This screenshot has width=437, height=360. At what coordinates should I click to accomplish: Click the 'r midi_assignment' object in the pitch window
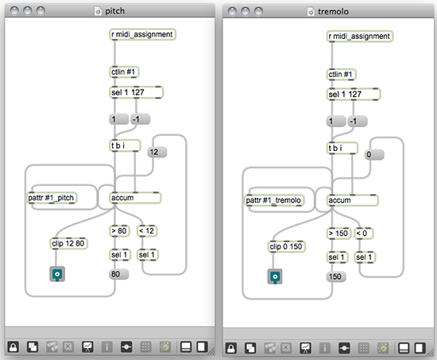142,34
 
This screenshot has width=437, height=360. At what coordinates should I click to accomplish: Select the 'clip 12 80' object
68,243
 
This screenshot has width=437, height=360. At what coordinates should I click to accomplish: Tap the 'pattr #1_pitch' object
52,198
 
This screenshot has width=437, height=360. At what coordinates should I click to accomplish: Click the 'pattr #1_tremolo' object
274,200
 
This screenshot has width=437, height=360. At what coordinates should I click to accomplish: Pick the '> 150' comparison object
338,234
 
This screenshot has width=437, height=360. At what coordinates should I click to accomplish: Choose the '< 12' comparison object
147,231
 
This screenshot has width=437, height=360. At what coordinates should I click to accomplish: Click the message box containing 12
157,152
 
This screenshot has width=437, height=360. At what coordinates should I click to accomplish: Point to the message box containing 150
336,277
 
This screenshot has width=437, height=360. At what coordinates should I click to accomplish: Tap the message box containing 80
118,274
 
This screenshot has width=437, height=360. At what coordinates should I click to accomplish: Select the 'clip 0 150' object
287,246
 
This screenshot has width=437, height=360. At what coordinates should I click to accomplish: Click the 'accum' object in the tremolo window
352,200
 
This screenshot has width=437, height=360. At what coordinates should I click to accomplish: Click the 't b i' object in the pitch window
125,145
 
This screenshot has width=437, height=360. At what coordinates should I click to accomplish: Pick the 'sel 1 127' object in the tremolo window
354,95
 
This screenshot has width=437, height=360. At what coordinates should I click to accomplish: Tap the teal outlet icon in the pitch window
57,274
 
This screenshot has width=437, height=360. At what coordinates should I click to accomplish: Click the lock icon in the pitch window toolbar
13,347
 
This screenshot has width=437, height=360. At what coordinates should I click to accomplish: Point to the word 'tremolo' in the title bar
334,11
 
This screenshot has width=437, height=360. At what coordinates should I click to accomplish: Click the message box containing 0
374,154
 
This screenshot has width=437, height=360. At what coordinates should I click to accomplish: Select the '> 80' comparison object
119,231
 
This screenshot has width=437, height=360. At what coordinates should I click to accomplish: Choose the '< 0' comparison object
363,234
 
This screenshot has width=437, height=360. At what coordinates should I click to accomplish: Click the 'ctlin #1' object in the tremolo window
341,75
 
